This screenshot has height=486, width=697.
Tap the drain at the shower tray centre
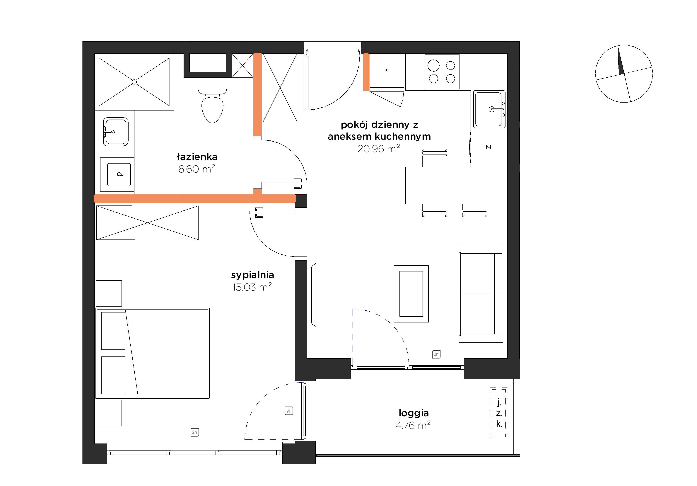pos(134,82)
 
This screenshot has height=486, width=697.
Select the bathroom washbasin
pos(116,132)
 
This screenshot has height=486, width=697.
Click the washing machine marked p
pos(119,174)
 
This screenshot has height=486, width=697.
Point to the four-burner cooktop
pos(442,72)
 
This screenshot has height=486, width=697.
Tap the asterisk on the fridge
pos(386,71)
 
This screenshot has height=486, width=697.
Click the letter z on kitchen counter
pos(488,147)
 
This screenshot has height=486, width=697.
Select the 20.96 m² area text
pos(379,149)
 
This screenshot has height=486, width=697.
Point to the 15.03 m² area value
pos(252,287)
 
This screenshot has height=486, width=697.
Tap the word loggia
pos(414,413)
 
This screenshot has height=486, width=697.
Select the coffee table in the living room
pos(411,294)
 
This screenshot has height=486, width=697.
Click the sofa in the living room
pos(481,294)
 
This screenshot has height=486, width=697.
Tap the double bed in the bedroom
pos(152,353)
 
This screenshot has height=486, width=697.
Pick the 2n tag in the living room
pos(436,354)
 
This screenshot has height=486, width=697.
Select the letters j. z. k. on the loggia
pos(499,413)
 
